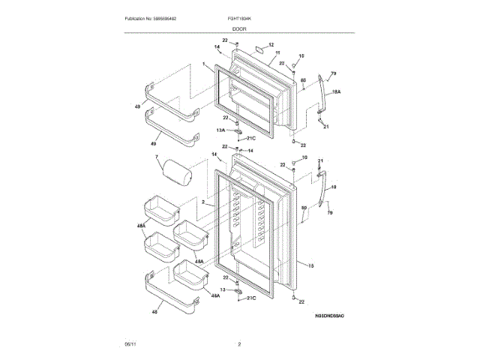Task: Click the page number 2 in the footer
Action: (x=239, y=343)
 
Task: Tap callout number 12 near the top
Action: (x=271, y=45)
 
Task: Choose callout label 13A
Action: (x=220, y=130)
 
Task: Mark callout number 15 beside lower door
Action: (x=310, y=265)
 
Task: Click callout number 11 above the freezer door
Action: (x=277, y=52)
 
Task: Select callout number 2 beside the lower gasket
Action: (x=202, y=202)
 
